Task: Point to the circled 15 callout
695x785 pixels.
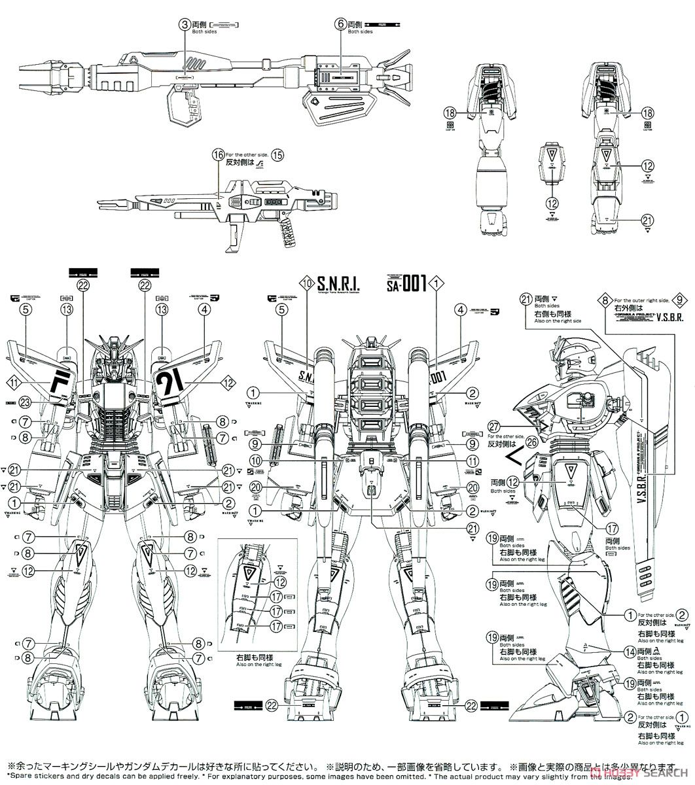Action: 278,155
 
